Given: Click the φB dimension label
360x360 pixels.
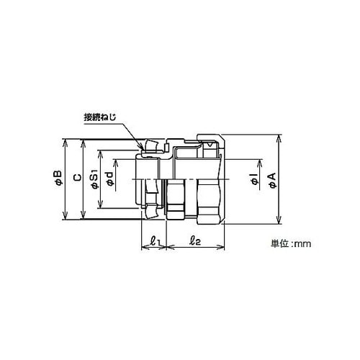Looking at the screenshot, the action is pyautogui.click(x=59, y=179).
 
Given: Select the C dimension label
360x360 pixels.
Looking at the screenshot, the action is pyautogui.click(x=77, y=178).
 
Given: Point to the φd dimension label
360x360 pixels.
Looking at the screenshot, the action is pyautogui.click(x=110, y=179).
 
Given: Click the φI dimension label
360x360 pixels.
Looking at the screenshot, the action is pyautogui.click(x=254, y=179).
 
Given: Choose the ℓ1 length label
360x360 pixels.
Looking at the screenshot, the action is pyautogui.click(x=155, y=240).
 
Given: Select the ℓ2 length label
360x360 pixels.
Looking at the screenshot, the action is pyautogui.click(x=194, y=240).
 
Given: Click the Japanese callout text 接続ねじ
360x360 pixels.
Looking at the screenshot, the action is pyautogui.click(x=100, y=117).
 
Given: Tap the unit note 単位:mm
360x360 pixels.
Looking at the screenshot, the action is pyautogui.click(x=291, y=244).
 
